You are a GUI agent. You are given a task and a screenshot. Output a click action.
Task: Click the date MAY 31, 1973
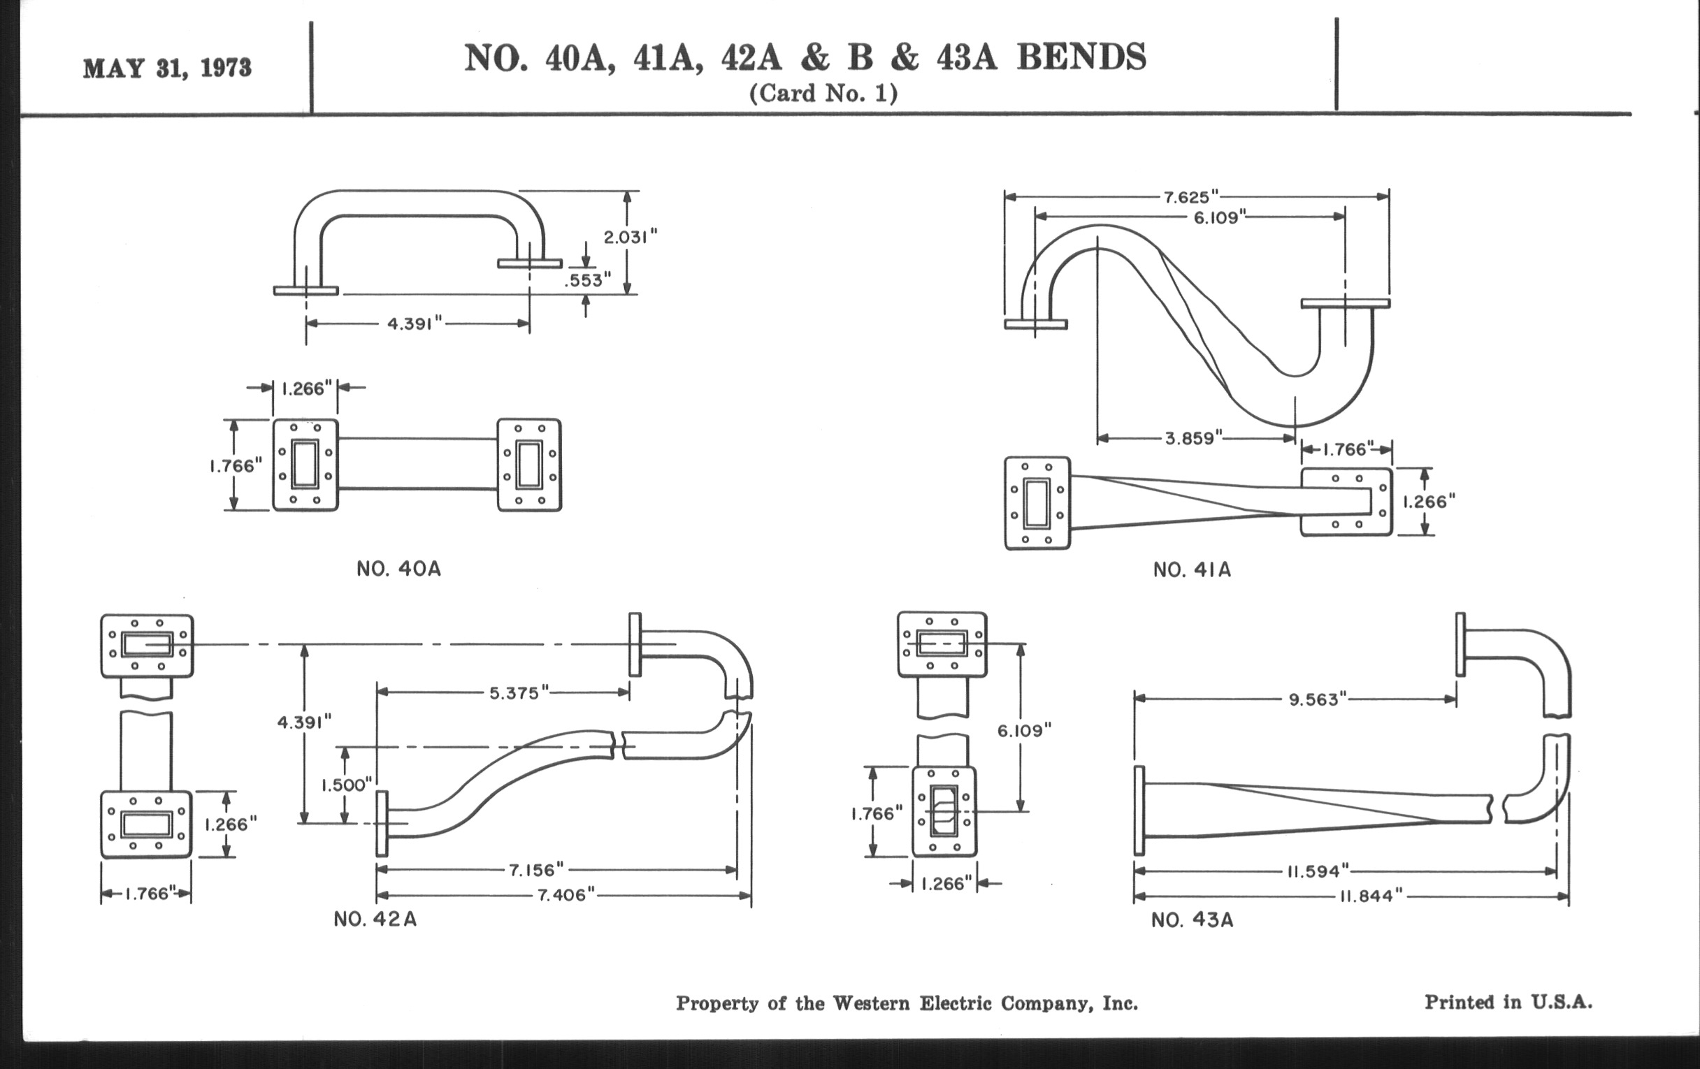click(x=167, y=68)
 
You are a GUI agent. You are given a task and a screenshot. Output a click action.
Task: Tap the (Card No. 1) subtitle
click(x=823, y=94)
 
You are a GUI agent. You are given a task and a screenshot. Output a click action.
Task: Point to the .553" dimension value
click(x=587, y=280)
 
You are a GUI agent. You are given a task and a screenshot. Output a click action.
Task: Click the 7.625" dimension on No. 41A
click(x=1192, y=197)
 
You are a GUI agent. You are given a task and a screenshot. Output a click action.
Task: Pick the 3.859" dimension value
click(x=1193, y=438)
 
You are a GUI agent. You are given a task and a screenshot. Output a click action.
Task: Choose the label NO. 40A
click(x=398, y=569)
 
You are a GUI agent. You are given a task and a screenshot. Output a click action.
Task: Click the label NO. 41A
click(x=1192, y=569)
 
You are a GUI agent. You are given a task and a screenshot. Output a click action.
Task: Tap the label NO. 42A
click(x=375, y=919)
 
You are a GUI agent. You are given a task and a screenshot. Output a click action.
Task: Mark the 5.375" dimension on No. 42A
click(x=519, y=693)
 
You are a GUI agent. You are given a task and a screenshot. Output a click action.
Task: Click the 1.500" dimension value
click(x=347, y=785)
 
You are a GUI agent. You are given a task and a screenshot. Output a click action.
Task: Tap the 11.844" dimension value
click(x=1370, y=896)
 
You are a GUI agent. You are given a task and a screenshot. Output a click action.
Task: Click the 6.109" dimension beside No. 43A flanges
click(x=1023, y=731)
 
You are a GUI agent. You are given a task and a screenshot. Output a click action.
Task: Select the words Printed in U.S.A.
click(x=1508, y=1002)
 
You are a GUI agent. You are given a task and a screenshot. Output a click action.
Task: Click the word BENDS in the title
click(x=1081, y=57)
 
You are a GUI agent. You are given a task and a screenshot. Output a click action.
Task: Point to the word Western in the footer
click(x=871, y=1003)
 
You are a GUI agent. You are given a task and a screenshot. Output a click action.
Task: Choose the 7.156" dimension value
click(x=537, y=869)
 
